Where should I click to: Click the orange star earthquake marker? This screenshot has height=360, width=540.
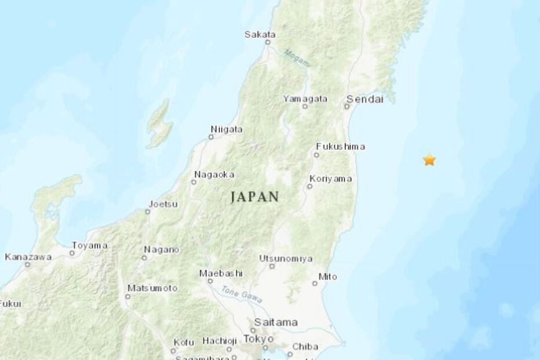click(x=429, y=160)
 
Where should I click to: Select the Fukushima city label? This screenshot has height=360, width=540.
click(x=341, y=147)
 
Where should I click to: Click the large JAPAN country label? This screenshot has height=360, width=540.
click(x=255, y=197)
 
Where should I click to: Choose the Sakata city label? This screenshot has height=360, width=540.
click(x=260, y=35)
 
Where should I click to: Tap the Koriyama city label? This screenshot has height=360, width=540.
click(x=330, y=179)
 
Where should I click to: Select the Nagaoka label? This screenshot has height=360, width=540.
click(x=214, y=174)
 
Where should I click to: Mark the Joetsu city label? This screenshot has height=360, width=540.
click(x=163, y=204)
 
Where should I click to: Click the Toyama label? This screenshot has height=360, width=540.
click(x=91, y=245)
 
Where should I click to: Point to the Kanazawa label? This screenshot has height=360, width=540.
click(x=28, y=256)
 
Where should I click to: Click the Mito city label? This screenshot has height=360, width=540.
click(x=328, y=277)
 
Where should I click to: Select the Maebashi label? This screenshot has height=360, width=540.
click(x=220, y=273)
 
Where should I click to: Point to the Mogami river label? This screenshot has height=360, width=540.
click(x=297, y=57)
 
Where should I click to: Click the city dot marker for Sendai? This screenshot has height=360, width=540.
click(x=348, y=106)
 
